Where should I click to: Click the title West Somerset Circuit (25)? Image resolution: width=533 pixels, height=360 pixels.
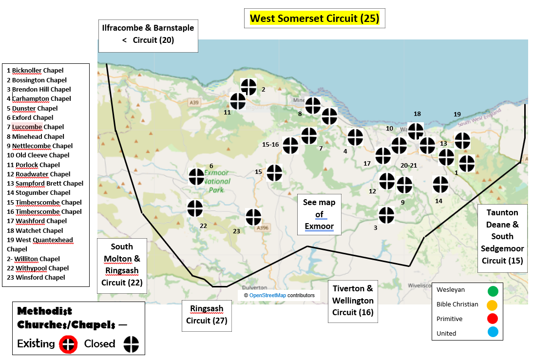point(314,19)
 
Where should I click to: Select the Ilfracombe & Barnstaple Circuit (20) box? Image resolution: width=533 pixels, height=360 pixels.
point(148,34)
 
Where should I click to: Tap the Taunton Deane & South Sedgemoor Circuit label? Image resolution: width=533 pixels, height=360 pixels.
point(502,236)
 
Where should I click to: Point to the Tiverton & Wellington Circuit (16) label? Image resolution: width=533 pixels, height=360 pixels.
point(353,301)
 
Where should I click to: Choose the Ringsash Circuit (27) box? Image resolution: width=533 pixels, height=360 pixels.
point(207,315)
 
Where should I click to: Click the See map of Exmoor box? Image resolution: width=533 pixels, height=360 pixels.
point(319,214)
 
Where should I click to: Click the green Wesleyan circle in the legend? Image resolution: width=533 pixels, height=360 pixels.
point(493,291)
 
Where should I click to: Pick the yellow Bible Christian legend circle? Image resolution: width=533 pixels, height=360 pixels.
point(493,305)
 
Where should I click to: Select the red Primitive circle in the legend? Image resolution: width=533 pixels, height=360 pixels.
point(493,319)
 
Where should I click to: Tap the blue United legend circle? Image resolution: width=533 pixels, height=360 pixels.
point(493,333)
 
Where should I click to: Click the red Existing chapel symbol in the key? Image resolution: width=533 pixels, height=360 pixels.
point(68,344)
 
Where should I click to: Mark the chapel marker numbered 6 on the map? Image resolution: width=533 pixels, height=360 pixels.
point(196,176)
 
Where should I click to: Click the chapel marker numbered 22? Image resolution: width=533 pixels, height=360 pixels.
point(195,208)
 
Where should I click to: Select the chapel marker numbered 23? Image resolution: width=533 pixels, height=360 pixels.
point(253,217)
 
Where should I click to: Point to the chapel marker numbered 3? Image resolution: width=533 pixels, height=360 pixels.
point(386,215)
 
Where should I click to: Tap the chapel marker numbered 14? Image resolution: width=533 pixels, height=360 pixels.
point(440,184)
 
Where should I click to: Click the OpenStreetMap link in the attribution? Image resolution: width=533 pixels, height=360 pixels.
point(267,295)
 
